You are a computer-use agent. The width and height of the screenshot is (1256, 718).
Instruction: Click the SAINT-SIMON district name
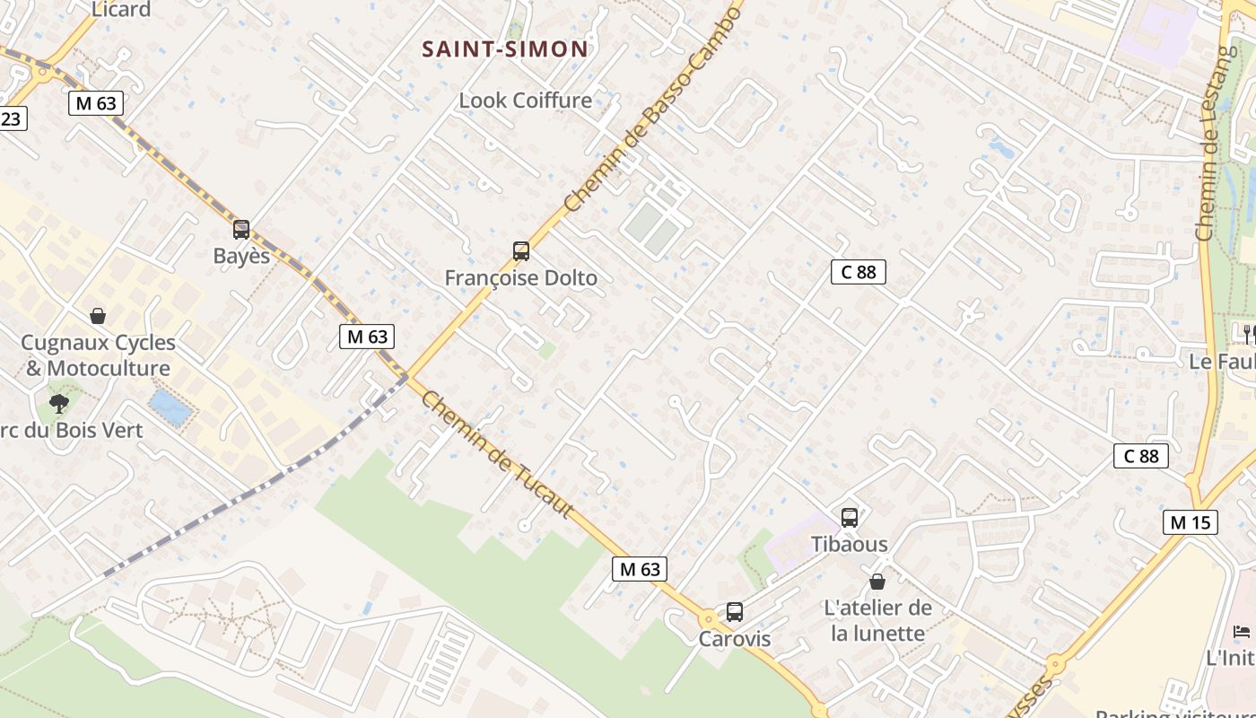pos(505,49)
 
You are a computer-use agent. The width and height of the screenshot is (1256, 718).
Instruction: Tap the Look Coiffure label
pos(525,101)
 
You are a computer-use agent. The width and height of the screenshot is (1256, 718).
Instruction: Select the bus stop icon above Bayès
pos(241,230)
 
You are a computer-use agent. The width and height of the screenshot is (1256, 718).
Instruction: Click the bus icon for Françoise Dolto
pos(521,251)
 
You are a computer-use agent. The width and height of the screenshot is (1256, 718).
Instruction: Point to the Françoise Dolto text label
pos(521,278)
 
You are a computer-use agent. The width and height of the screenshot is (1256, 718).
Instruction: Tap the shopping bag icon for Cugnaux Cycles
pos(98,316)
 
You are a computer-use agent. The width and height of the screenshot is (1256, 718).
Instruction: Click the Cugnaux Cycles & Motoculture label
pos(98,355)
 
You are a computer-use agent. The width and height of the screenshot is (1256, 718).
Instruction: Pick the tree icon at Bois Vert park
pos(59,404)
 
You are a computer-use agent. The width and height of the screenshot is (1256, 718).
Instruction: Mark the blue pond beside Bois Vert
pos(170,407)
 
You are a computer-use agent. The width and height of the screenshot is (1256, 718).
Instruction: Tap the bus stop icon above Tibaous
pos(850,518)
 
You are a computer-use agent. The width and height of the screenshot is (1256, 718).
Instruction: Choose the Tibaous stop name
pos(850,544)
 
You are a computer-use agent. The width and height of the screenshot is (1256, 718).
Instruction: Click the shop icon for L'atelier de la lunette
pos(877,582)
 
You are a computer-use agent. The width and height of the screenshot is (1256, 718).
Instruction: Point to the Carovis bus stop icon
pos(735,612)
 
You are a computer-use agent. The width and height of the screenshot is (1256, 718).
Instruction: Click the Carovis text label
pos(735,639)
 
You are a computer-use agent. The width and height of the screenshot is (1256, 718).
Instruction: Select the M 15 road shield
pos(1190,522)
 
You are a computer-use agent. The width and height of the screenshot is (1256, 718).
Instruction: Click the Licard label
pos(121,10)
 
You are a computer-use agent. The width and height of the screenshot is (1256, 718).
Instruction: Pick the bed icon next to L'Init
pos(1242,632)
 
